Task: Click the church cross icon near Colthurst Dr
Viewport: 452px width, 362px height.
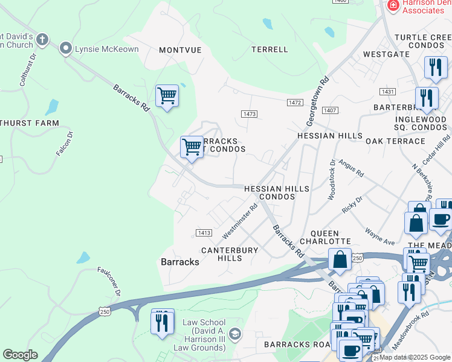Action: point(42,40)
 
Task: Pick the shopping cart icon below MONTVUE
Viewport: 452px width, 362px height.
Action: point(167,95)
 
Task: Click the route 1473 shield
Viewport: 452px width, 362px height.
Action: point(249,114)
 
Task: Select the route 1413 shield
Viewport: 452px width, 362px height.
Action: point(204,233)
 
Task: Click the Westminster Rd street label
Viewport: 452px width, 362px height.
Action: point(240,220)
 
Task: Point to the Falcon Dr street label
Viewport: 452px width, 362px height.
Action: point(65,144)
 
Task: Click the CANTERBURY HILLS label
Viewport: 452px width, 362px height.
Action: point(230,254)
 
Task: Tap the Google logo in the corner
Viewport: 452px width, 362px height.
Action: point(21,355)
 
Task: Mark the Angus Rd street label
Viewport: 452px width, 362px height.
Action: point(351,168)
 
